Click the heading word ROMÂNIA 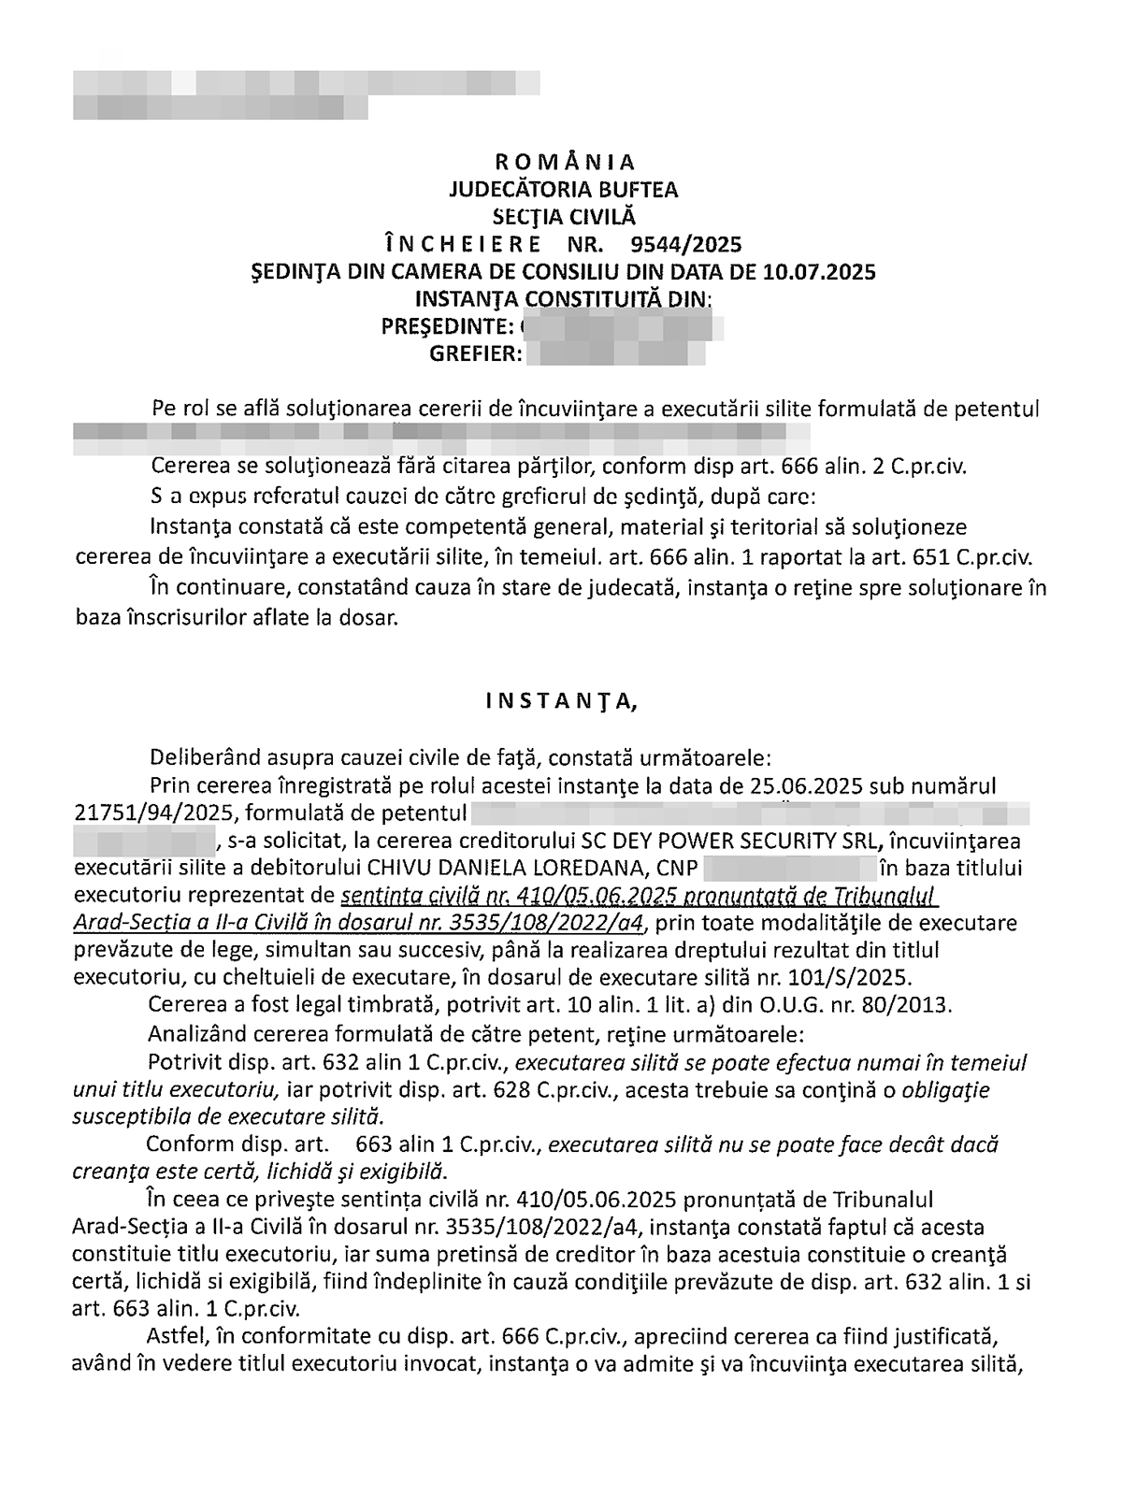pyautogui.click(x=564, y=163)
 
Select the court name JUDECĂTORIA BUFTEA pyautogui.click(x=564, y=190)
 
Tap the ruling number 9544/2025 pyautogui.click(x=686, y=245)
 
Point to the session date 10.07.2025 pyautogui.click(x=819, y=272)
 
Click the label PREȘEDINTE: pyautogui.click(x=447, y=327)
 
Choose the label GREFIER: pyautogui.click(x=474, y=354)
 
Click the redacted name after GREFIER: pyautogui.click(x=615, y=354)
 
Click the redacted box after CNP pyautogui.click(x=789, y=867)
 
